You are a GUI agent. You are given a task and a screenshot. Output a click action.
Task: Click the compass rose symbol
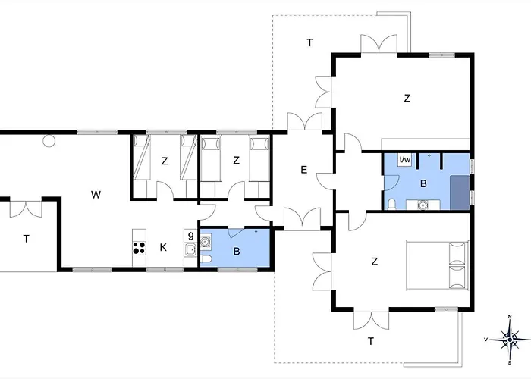510,340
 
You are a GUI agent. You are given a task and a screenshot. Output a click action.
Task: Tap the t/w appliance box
404,159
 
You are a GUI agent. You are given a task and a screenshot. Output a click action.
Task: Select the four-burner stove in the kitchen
139,248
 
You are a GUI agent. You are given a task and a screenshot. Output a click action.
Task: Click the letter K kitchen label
163,247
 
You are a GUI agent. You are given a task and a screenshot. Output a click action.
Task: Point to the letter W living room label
96,195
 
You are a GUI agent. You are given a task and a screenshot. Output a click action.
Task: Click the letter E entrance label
303,170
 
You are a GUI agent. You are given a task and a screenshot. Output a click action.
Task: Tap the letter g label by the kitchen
190,235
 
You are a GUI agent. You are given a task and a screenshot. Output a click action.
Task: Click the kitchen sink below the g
190,249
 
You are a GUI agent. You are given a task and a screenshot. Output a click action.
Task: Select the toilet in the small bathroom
206,259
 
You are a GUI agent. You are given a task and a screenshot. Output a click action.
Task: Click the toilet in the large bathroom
392,204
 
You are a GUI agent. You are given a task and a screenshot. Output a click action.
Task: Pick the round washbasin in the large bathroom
423,205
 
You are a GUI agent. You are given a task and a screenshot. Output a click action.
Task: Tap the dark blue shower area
460,193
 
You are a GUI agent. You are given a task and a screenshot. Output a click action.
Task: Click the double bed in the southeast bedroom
438,265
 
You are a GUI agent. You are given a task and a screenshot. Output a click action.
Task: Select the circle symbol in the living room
49,141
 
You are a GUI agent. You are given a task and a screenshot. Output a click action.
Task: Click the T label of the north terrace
309,43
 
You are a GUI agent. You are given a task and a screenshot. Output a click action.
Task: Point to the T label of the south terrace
371,341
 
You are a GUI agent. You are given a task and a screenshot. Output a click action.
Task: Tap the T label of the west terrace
26,239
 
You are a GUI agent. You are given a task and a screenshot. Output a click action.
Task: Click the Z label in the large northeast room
407,98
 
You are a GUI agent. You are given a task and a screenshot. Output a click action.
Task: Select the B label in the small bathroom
237,252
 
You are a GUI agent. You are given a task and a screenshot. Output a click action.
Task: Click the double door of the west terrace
26,209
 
